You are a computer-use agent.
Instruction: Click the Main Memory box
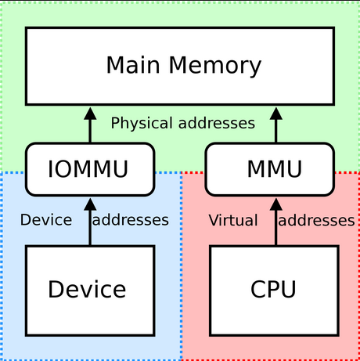click(180, 66)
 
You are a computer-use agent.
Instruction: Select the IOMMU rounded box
click(90, 169)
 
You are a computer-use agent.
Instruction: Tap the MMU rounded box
click(270, 169)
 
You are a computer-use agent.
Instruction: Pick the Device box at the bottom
click(90, 291)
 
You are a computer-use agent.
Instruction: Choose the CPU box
click(275, 291)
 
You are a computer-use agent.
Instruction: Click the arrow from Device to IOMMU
click(90, 222)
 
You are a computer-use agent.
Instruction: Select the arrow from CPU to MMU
click(276, 222)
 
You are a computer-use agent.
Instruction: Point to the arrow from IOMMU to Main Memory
click(90, 125)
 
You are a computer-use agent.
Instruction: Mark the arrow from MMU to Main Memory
click(276, 125)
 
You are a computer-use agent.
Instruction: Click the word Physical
click(142, 124)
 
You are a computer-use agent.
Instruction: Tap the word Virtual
click(233, 220)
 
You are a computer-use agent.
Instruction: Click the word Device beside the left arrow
click(46, 220)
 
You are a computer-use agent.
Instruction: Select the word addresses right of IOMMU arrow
click(131, 220)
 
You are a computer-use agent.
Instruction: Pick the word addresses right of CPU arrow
click(316, 220)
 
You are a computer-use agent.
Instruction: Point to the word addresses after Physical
click(217, 123)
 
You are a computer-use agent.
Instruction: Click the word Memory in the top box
click(215, 66)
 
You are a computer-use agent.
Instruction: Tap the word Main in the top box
click(133, 65)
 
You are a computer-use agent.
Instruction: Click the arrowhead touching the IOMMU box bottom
click(90, 204)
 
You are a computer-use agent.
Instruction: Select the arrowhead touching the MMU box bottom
click(276, 204)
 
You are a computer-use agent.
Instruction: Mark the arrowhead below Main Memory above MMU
click(276, 114)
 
